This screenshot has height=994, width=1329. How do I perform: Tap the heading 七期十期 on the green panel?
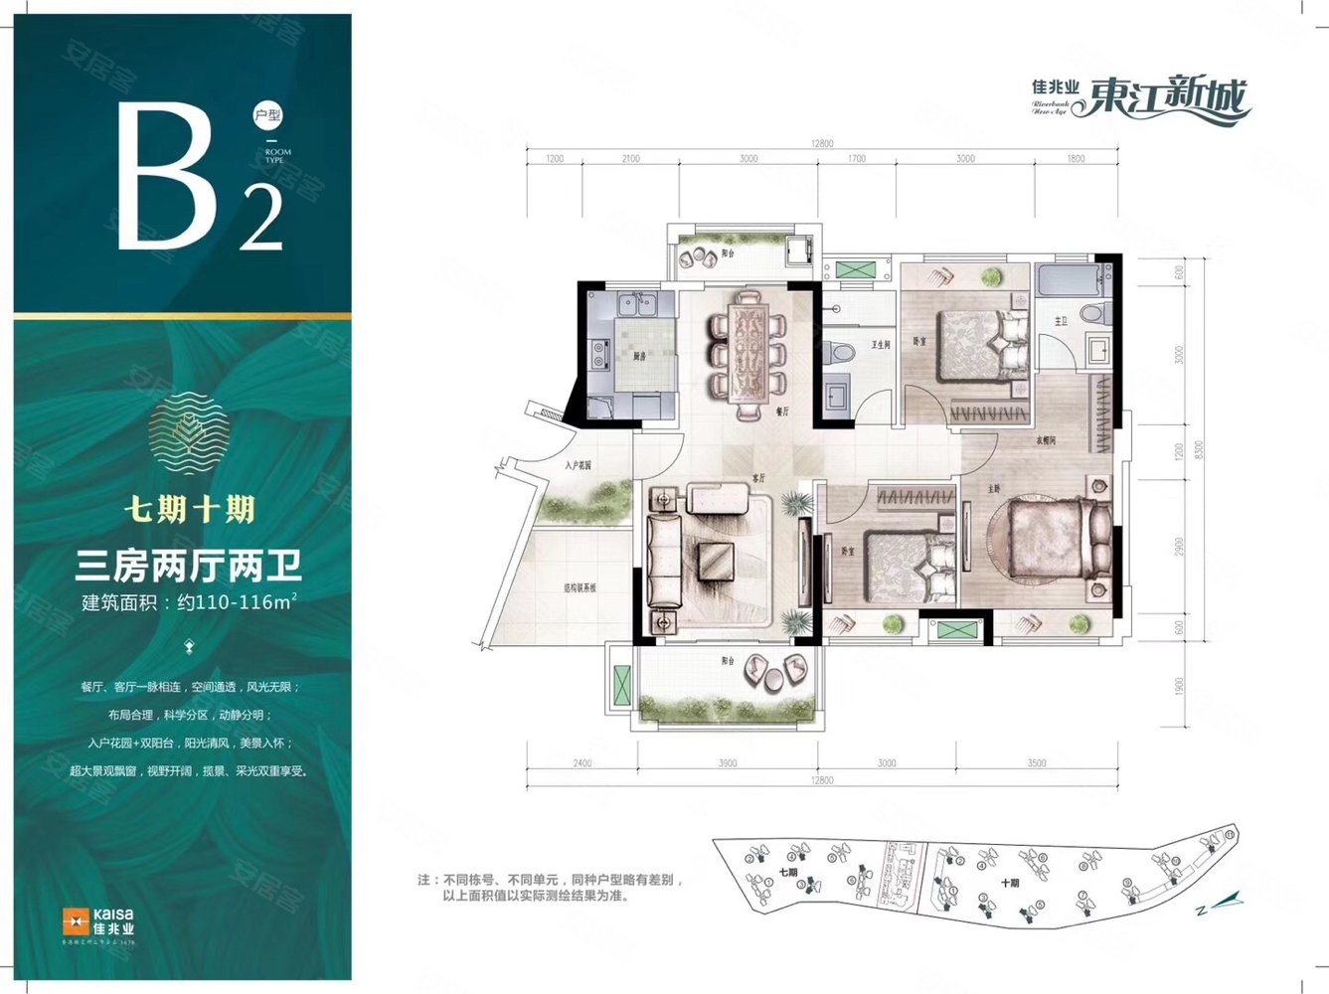[189, 509]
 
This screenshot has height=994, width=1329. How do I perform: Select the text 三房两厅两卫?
[188, 567]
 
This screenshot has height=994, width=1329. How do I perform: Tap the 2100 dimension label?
[630, 159]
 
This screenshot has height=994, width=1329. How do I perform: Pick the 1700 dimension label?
[856, 159]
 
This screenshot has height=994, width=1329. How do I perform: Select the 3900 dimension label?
[728, 763]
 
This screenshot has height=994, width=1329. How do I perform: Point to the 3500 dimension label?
[1037, 763]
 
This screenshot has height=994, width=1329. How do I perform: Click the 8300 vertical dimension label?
[1199, 449]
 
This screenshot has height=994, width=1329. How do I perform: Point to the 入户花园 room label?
[578, 464]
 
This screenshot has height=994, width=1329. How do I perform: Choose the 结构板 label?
[580, 588]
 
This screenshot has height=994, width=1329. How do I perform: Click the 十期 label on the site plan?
[1010, 883]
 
